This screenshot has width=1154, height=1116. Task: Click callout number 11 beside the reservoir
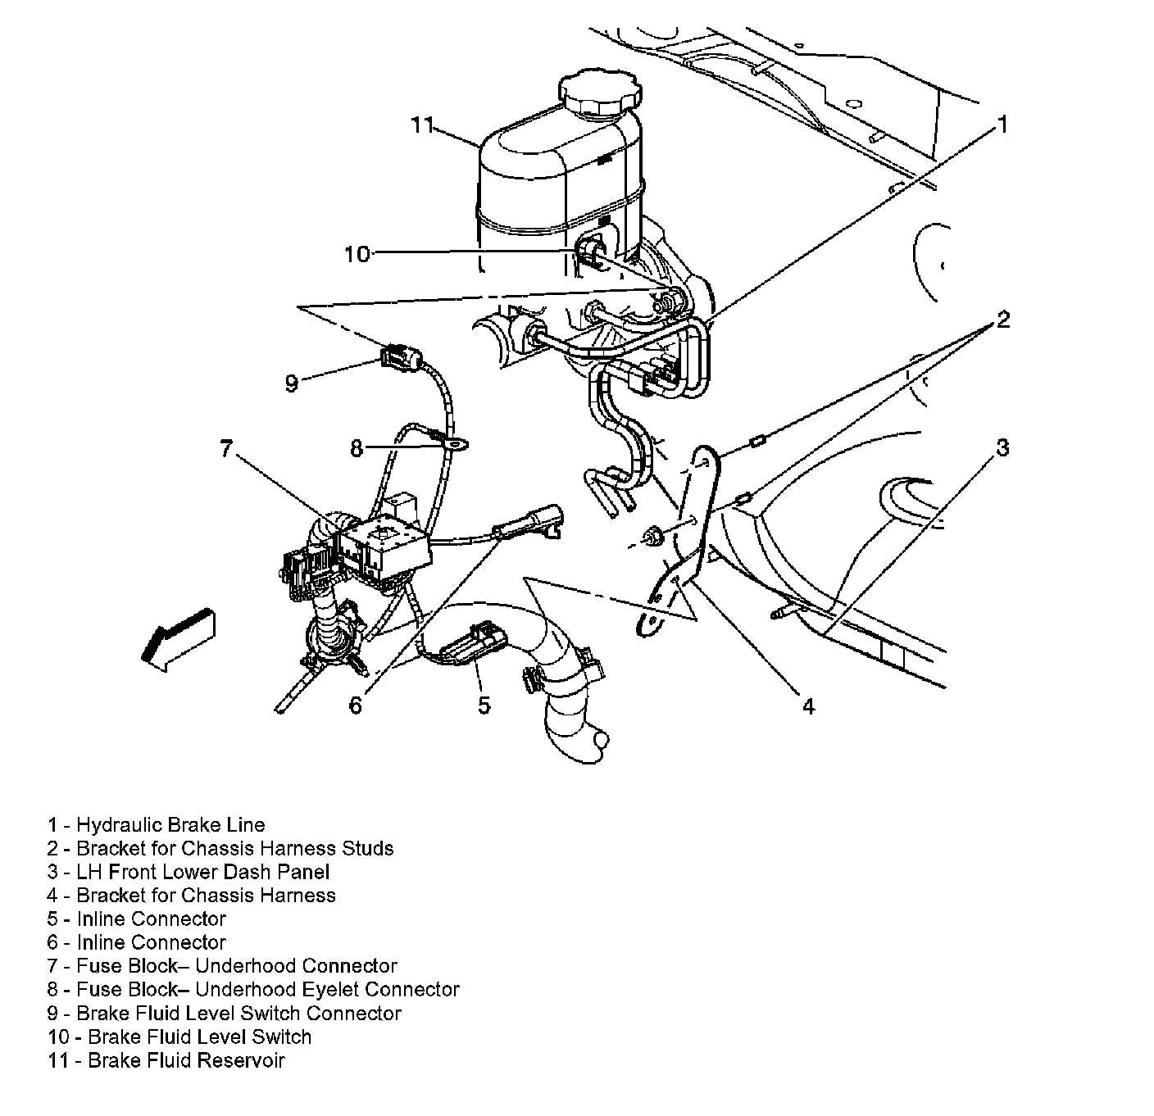pyautogui.click(x=421, y=125)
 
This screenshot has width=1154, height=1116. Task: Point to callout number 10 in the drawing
pyautogui.click(x=357, y=254)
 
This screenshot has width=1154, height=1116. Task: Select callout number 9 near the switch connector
pyautogui.click(x=291, y=383)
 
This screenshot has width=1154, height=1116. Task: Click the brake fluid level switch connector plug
pyautogui.click(x=401, y=357)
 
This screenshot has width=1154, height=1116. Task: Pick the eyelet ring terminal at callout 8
pyautogui.click(x=457, y=445)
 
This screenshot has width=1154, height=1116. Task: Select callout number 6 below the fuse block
pyautogui.click(x=355, y=705)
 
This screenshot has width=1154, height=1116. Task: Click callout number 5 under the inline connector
pyautogui.click(x=484, y=705)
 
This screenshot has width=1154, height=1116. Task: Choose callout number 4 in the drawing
pyautogui.click(x=808, y=705)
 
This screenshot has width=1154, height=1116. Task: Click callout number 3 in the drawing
pyautogui.click(x=1002, y=447)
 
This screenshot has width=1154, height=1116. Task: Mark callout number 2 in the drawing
pyautogui.click(x=1002, y=320)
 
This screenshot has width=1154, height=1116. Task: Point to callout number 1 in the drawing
pyautogui.click(x=1001, y=125)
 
